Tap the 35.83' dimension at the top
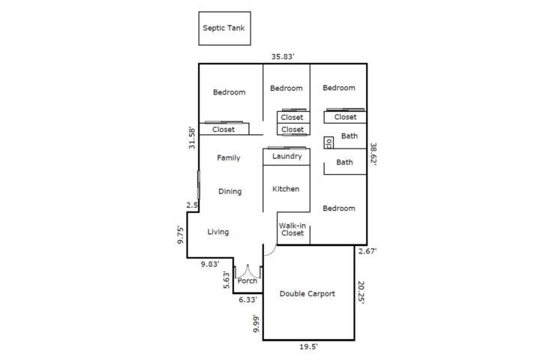[283, 56]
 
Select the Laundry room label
[286, 157]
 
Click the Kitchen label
[286, 189]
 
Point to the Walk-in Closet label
[292, 229]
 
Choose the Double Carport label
[307, 294]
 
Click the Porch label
[247, 280]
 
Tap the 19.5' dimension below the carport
[308, 347]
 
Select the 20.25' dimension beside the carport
[361, 292]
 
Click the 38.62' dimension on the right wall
[373, 154]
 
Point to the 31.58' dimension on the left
[192, 138]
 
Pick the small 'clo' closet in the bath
[328, 142]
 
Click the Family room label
[228, 157]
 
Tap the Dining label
[229, 191]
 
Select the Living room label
[218, 232]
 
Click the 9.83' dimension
[210, 264]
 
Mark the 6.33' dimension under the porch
[248, 300]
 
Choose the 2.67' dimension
[367, 251]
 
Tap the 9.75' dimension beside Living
[180, 235]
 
